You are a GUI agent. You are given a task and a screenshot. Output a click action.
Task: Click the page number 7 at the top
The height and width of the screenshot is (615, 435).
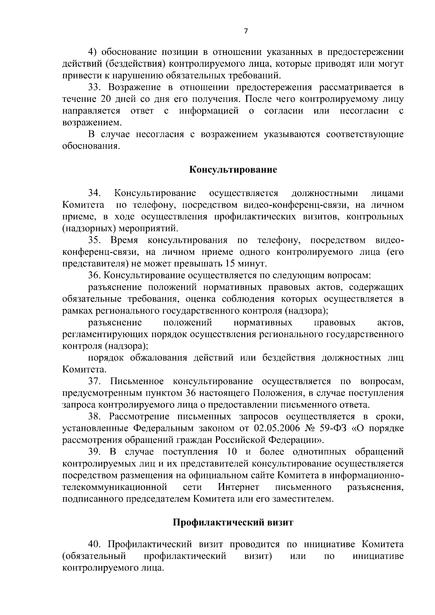pos(246,32)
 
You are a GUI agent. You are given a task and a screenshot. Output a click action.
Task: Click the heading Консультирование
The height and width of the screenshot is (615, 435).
pos(233,170)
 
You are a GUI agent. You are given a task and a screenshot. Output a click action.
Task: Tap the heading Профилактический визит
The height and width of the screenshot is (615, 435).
pos(233,523)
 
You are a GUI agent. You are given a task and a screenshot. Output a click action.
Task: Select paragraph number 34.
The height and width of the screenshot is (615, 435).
pos(95,193)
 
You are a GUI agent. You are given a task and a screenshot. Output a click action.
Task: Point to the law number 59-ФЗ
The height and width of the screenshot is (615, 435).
pos(333,428)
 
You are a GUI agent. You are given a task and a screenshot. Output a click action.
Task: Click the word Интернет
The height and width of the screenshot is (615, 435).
pos(239,487)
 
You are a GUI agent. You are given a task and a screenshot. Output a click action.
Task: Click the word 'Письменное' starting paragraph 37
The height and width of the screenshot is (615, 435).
pos(137,382)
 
